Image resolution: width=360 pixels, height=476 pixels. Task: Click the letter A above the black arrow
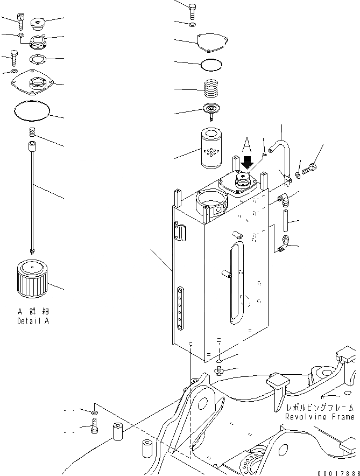(x=246, y=145)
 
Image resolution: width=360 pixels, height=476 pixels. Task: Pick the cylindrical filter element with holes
(x=214, y=149)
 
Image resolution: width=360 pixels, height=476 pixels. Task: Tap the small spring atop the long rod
(x=32, y=132)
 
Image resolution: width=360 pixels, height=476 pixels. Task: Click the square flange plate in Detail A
(x=33, y=83)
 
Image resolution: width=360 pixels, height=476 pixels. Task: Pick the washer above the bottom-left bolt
(x=94, y=413)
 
